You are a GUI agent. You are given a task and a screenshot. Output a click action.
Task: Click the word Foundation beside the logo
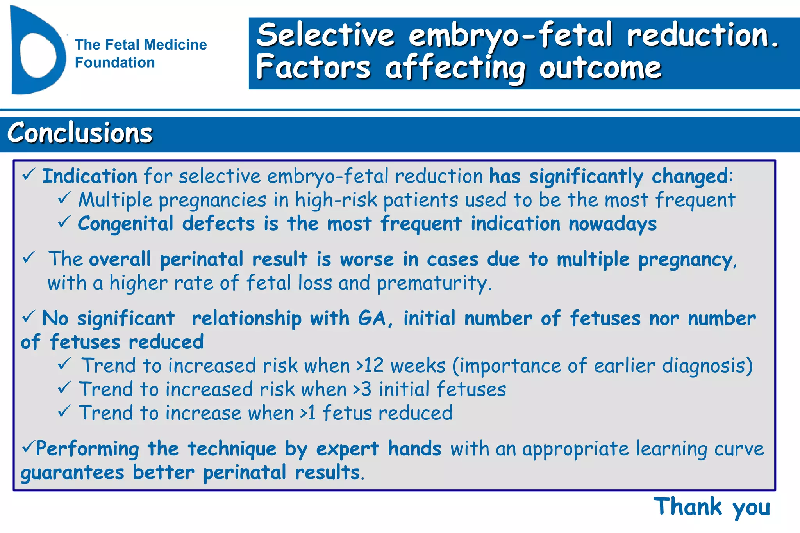115,62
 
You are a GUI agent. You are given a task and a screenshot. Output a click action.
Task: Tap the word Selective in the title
325,35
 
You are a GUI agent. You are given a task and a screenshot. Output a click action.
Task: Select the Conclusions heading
80,133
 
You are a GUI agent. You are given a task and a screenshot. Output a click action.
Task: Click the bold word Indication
89,176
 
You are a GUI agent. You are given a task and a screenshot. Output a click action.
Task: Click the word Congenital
125,224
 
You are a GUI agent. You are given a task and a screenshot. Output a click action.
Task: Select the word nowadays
612,224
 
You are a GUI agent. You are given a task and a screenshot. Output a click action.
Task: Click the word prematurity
434,283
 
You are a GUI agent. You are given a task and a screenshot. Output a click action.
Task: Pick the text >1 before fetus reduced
307,413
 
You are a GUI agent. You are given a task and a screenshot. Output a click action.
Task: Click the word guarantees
73,473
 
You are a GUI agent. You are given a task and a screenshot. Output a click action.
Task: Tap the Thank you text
712,507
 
